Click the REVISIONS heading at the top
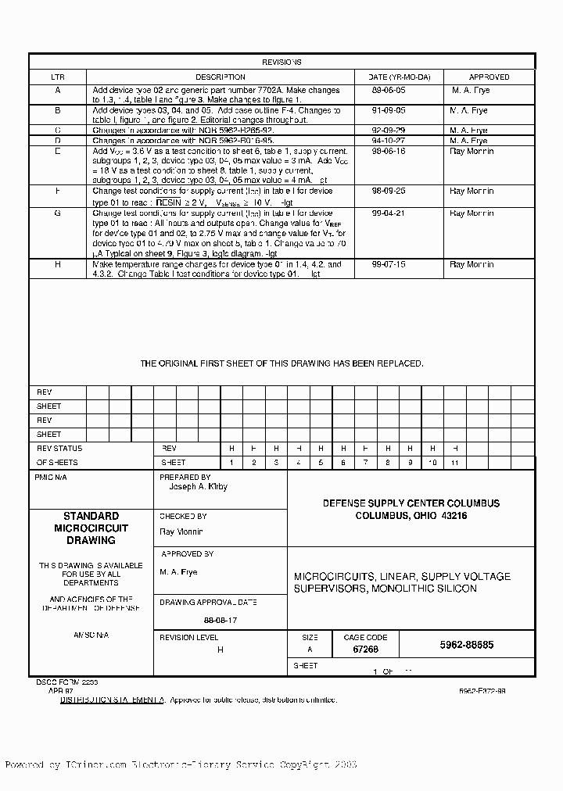tap(281, 62)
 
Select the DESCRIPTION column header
tap(220, 77)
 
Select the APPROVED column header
tap(489, 77)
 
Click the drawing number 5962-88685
tap(467, 646)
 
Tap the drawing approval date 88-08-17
tap(187, 620)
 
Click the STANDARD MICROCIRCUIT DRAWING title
tap(91, 528)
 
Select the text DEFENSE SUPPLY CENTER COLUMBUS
tap(411, 503)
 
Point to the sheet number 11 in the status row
tap(454, 463)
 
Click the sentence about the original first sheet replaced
tap(281, 363)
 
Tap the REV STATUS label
tap(59, 449)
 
